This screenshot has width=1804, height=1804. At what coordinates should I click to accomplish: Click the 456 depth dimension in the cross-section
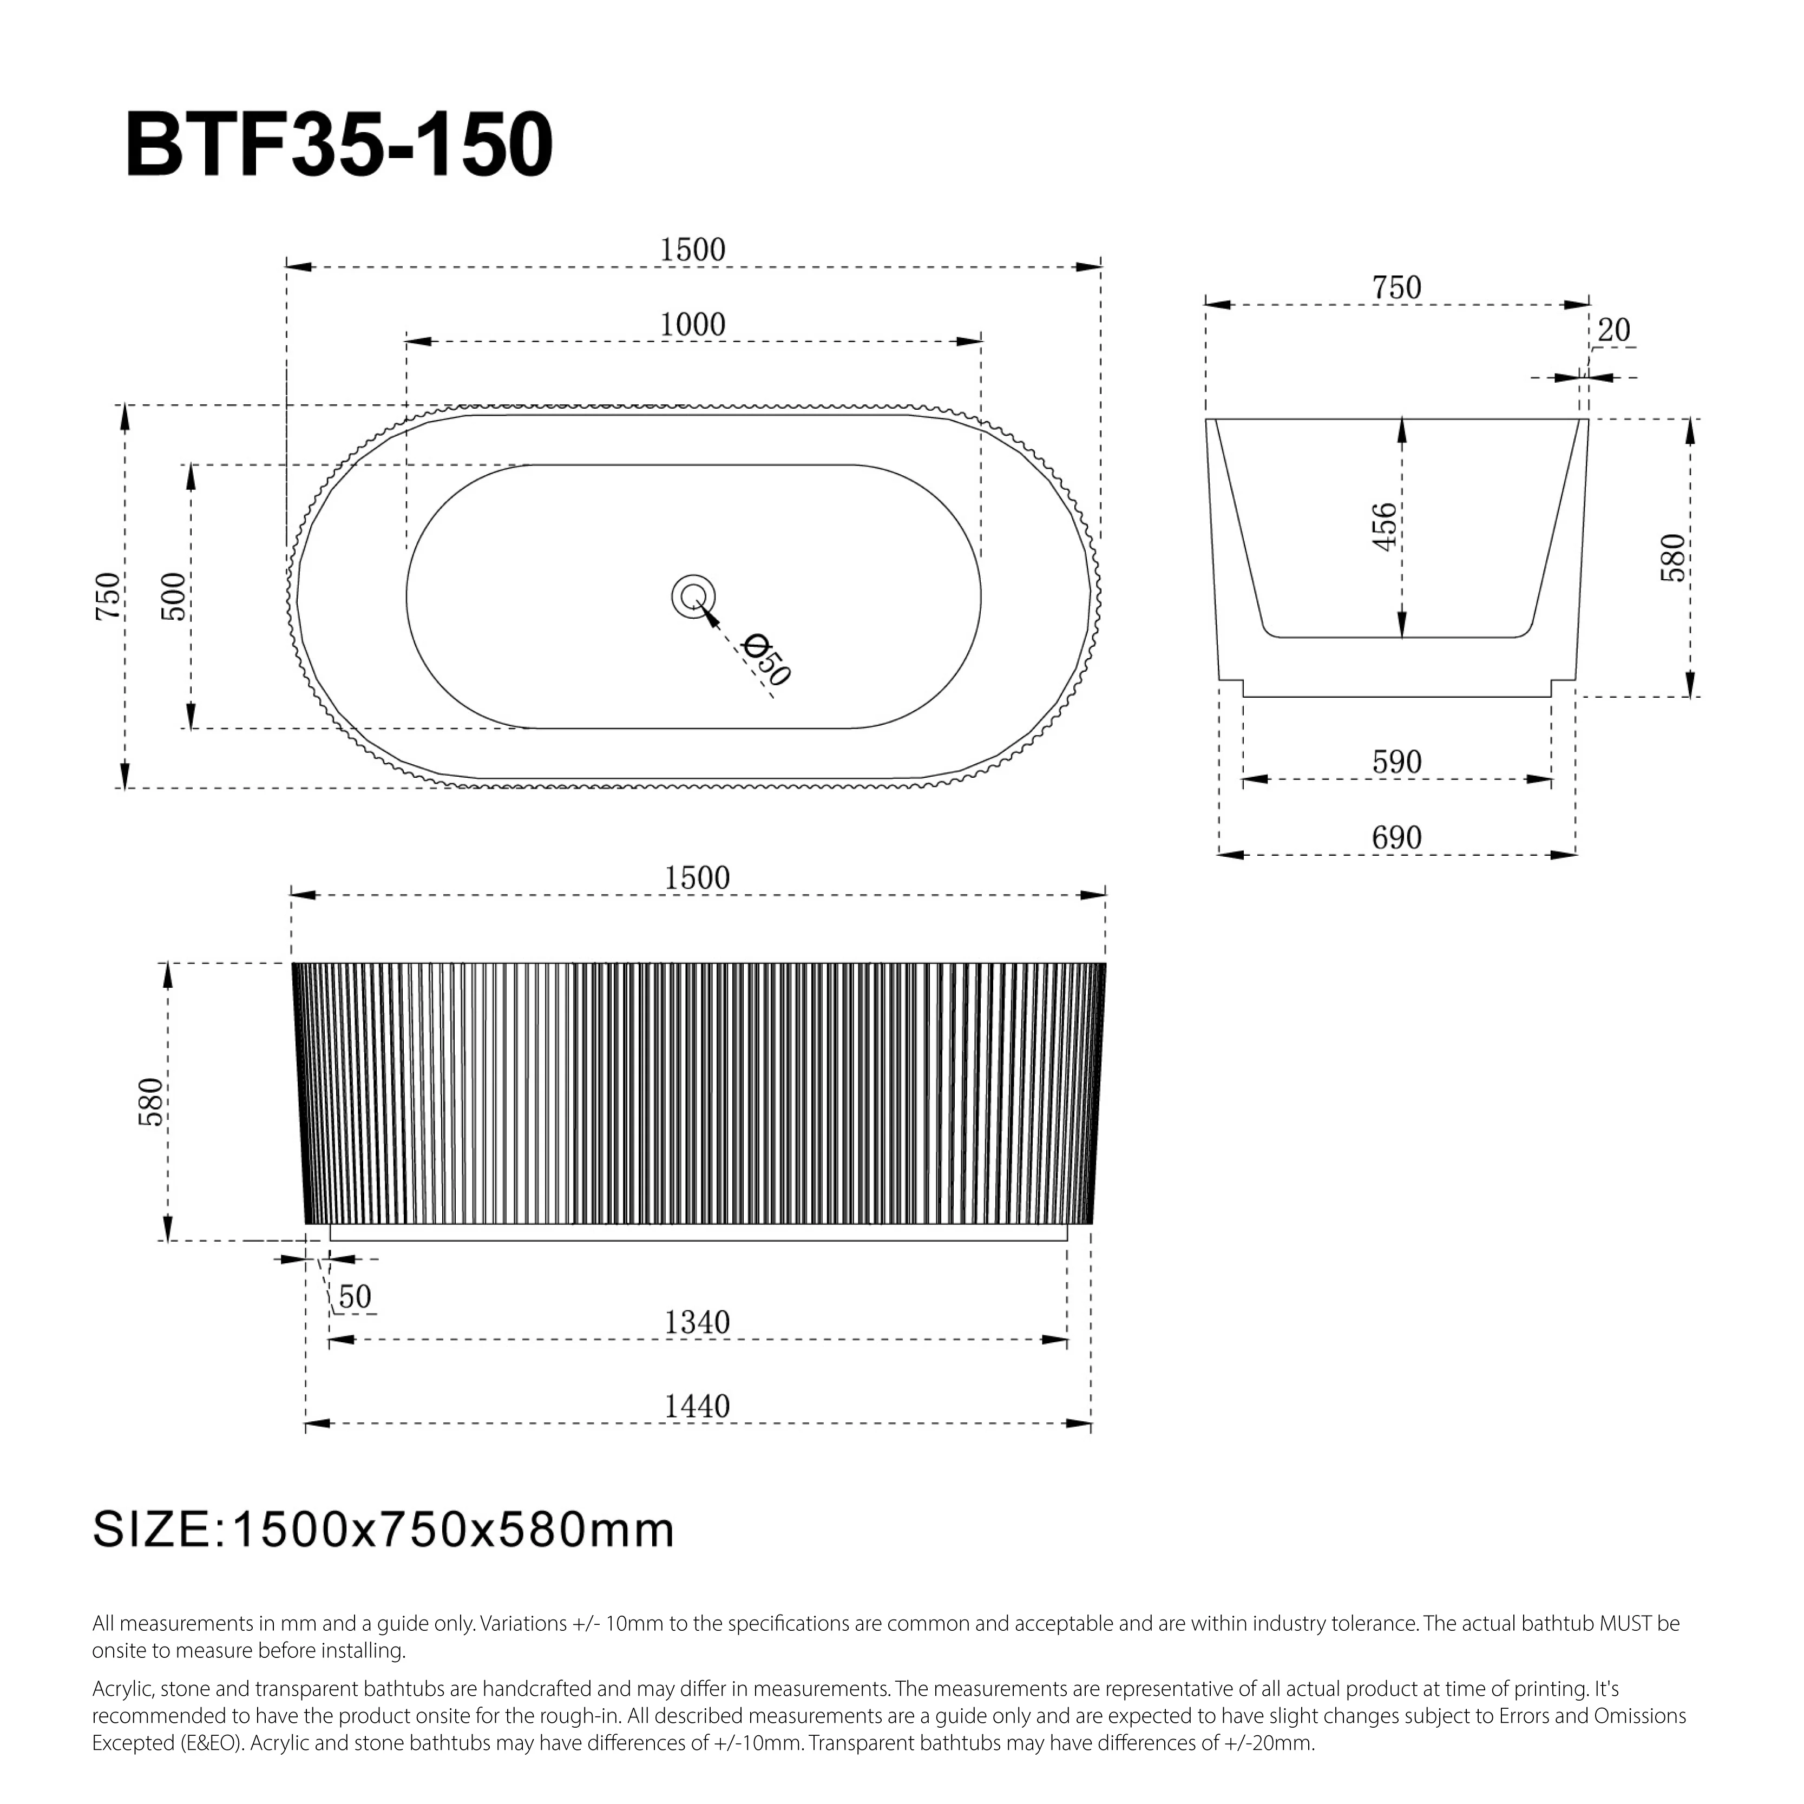click(x=1385, y=527)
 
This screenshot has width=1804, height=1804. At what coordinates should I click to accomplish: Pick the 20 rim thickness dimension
click(x=1613, y=331)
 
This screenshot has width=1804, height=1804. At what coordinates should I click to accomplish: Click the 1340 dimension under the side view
click(x=697, y=1322)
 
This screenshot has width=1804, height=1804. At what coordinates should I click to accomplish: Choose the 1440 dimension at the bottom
click(x=697, y=1406)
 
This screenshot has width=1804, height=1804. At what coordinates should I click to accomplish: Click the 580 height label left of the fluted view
click(x=151, y=1102)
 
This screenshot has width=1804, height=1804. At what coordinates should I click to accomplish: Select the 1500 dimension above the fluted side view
click(x=697, y=878)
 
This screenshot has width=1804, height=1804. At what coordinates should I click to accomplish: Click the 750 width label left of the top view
click(x=108, y=596)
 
